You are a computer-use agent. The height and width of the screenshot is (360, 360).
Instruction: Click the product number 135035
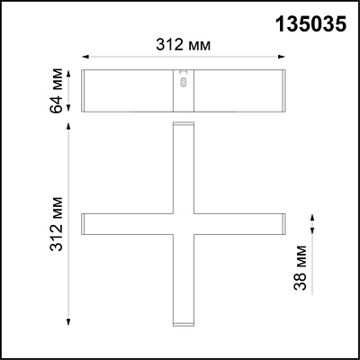pos(311,23)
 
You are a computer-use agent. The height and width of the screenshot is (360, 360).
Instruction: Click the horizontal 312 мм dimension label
pos(184,45)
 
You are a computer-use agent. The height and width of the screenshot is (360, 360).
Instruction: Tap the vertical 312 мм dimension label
pos(57,224)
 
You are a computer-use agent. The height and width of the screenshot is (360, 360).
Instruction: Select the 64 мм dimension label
pos(57,91)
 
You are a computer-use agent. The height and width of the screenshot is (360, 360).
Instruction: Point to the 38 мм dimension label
pos(301,268)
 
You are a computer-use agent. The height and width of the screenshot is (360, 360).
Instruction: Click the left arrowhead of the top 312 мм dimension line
pos(85,57)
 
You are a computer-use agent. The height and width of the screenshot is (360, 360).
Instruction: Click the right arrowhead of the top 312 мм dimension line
pos(281,57)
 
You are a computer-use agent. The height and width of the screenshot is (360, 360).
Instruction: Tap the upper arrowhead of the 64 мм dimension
pos(68,74)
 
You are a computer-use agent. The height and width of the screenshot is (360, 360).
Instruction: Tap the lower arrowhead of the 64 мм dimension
pos(68,108)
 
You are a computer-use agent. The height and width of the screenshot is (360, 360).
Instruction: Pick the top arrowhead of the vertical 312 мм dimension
pos(68,126)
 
